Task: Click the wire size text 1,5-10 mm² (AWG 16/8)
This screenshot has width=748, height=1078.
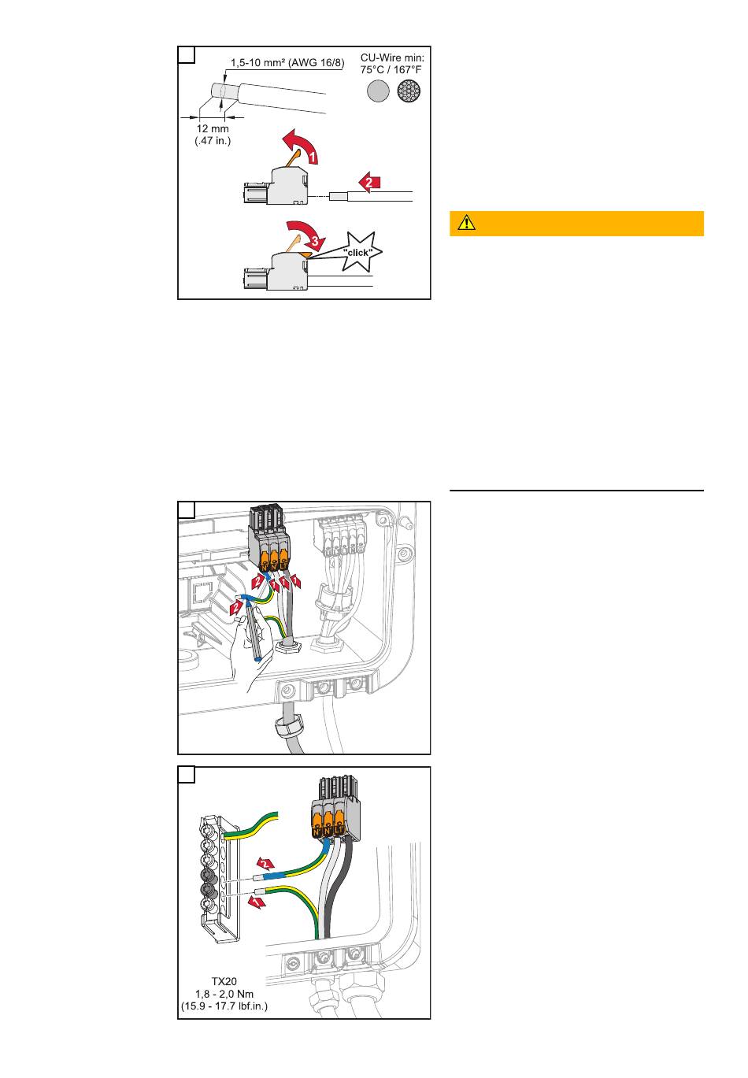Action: tap(287, 62)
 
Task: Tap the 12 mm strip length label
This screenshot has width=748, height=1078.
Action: tap(213, 128)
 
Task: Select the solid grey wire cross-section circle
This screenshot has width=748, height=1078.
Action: tap(379, 91)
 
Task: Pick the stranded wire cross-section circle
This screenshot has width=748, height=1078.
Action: tap(409, 91)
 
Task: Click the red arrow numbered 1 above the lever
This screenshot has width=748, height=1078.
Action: tap(301, 146)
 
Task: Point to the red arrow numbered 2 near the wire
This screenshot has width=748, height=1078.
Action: tap(369, 183)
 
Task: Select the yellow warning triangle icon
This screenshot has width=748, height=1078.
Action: tap(466, 223)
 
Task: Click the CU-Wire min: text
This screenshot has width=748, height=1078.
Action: tap(392, 57)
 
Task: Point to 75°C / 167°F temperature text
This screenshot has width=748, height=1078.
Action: tap(391, 69)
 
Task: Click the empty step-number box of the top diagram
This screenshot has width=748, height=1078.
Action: tap(187, 54)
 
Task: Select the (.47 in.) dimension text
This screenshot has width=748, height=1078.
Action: tap(213, 141)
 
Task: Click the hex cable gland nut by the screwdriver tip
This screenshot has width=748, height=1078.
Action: tap(287, 646)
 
